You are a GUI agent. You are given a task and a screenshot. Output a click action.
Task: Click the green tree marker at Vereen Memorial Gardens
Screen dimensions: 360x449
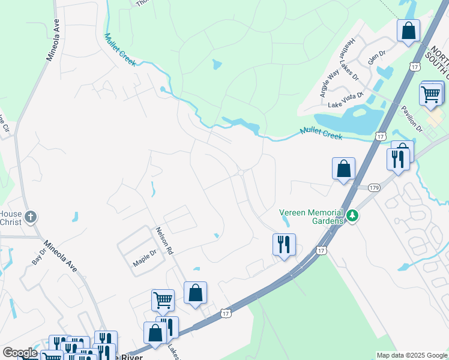tap(354, 215)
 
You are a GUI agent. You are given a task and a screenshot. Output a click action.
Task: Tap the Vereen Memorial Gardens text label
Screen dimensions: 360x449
tap(312, 217)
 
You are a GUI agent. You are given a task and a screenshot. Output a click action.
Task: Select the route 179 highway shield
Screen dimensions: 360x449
tap(373, 187)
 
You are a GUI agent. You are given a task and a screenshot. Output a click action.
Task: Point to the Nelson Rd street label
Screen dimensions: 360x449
tap(164, 241)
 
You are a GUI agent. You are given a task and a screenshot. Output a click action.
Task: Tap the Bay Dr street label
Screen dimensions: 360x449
tap(39, 256)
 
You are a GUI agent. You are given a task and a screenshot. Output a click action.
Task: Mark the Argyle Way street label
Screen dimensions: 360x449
tap(330, 83)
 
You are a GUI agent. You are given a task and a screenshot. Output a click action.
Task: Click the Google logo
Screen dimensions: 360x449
tap(19, 353)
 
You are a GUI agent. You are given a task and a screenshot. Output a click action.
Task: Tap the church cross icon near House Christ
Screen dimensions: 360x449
tap(31, 217)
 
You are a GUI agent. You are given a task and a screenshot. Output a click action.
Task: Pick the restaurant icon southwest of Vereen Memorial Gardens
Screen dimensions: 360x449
tap(283, 244)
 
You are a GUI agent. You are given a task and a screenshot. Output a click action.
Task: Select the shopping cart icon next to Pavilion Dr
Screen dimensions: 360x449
tap(430, 94)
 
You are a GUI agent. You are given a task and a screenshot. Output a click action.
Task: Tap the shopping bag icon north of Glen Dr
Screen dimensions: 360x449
tap(408, 30)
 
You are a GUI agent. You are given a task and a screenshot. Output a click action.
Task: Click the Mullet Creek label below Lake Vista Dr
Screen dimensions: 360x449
tap(321, 133)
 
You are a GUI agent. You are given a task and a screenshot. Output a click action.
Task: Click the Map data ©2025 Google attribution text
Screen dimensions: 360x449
tap(411, 355)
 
